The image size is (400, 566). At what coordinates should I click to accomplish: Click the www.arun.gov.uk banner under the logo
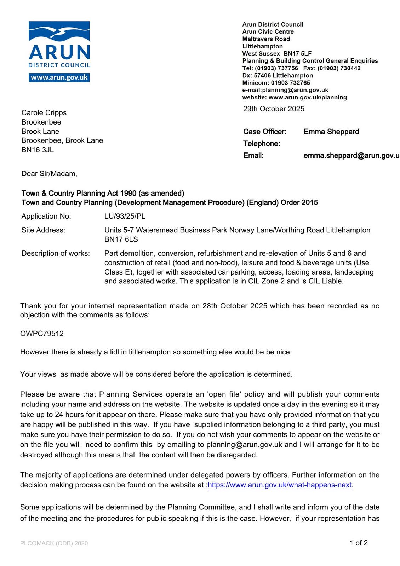(59, 78)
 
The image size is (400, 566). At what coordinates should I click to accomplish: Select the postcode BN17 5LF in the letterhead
(297, 54)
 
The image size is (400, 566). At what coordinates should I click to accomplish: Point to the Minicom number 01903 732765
(290, 83)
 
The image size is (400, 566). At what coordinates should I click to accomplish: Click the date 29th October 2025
(274, 109)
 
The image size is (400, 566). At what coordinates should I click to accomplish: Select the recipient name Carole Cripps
(44, 113)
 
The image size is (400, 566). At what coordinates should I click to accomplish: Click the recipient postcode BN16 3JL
(38, 150)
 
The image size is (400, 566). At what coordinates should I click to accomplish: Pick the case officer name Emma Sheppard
(331, 132)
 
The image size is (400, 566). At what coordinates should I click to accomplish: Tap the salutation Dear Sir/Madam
(49, 174)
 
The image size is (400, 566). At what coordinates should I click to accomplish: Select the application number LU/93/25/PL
(125, 216)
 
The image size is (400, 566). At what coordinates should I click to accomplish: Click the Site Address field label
(43, 230)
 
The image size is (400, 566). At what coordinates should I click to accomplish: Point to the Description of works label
(56, 254)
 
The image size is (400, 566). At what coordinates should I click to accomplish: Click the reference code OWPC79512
(42, 334)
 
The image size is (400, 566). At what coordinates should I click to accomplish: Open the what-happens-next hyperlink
(280, 485)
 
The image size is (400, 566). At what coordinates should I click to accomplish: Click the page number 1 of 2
(359, 543)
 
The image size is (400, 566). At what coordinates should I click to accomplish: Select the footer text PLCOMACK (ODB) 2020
(54, 543)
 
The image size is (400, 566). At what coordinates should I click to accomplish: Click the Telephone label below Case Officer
(261, 144)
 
